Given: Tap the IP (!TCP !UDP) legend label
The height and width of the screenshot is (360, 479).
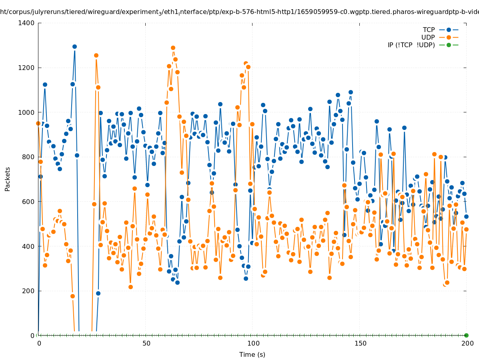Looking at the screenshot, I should coord(411,45).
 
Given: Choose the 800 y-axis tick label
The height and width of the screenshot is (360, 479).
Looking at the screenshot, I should coord(28,157).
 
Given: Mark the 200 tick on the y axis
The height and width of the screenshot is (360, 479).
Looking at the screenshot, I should coord(28,291).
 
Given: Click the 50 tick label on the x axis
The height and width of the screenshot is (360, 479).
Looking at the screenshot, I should coord(146,343).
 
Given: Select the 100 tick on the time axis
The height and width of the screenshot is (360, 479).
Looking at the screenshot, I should coord(253,343).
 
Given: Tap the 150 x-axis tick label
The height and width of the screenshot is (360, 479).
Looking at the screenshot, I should coord(360,343).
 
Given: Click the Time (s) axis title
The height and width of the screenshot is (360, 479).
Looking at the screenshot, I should coord(252,354).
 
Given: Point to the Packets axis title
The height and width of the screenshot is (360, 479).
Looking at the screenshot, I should coord(8,179).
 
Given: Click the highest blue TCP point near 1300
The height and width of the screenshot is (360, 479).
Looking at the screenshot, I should coord(74,46).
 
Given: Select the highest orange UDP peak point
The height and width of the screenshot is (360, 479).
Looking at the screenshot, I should coord(173,48).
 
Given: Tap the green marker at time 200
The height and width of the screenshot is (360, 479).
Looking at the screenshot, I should coord(466,335).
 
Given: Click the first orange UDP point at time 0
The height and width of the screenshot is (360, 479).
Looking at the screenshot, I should coord(38,123).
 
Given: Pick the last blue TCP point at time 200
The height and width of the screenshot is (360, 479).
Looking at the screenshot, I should coord(466,216).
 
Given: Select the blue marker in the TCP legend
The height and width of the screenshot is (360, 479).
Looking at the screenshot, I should coord(449,30).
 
